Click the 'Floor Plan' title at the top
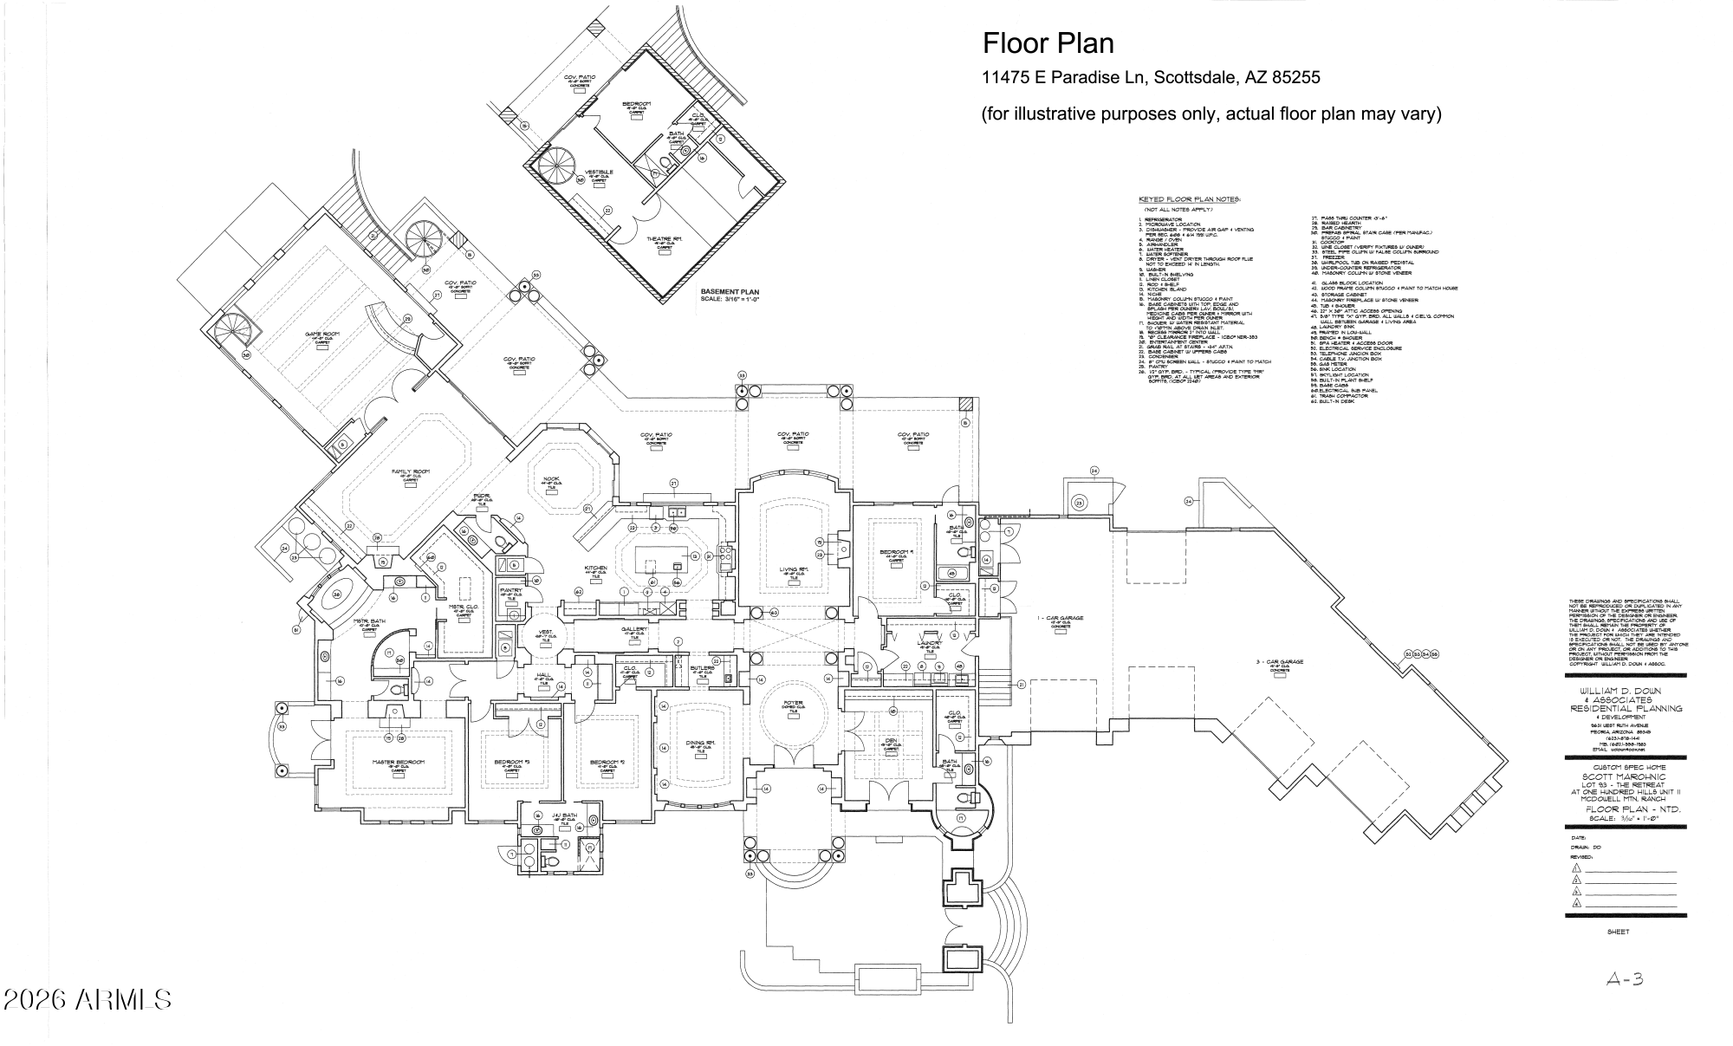click(x=1048, y=43)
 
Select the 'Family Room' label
click(x=411, y=472)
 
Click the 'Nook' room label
click(x=552, y=479)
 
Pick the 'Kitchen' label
click(x=595, y=568)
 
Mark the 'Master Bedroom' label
click(x=399, y=763)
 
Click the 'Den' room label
click(x=891, y=740)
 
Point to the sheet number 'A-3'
click(x=1625, y=979)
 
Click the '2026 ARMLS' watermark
click(x=87, y=999)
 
